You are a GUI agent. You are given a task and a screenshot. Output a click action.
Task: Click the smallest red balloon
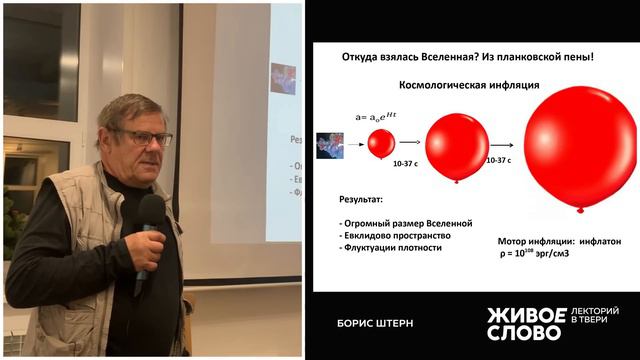click(381, 143)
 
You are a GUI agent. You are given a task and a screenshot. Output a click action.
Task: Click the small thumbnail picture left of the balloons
click(330, 145)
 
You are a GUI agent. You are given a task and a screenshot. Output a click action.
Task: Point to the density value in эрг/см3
click(540, 253)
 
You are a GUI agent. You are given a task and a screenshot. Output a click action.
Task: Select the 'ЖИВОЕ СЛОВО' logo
click(526, 322)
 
